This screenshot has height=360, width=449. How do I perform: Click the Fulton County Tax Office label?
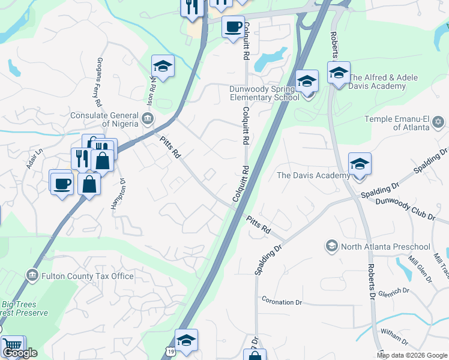pyautogui.click(x=88, y=276)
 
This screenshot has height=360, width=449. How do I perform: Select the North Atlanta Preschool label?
pyautogui.click(x=385, y=247)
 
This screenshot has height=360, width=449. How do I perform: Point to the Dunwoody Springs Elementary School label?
pyautogui.click(x=264, y=93)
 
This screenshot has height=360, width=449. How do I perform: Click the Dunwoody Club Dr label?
pyautogui.click(x=405, y=208)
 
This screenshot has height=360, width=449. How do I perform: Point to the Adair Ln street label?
pyautogui.click(x=34, y=160)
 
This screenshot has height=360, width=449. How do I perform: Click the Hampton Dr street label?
pyautogui.click(x=117, y=193)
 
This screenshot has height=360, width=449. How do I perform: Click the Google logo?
pyautogui.click(x=20, y=353)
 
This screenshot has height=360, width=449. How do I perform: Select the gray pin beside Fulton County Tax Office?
pyautogui.click(x=32, y=276)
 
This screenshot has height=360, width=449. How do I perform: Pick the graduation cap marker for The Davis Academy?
pyautogui.click(x=359, y=164)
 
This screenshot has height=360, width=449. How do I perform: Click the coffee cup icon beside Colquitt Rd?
pyautogui.click(x=233, y=26)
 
